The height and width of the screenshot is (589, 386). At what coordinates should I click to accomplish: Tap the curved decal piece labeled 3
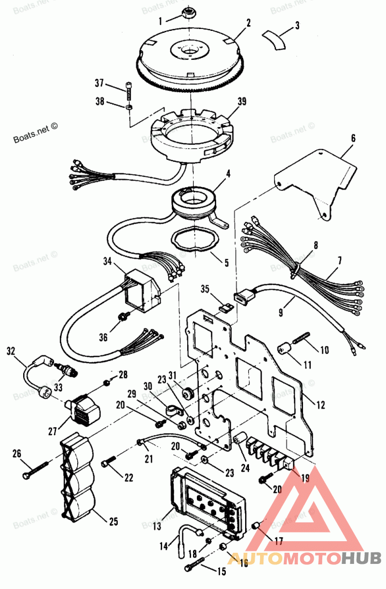pos(274,39)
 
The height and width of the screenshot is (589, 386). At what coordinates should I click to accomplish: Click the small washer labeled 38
pos(129,106)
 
